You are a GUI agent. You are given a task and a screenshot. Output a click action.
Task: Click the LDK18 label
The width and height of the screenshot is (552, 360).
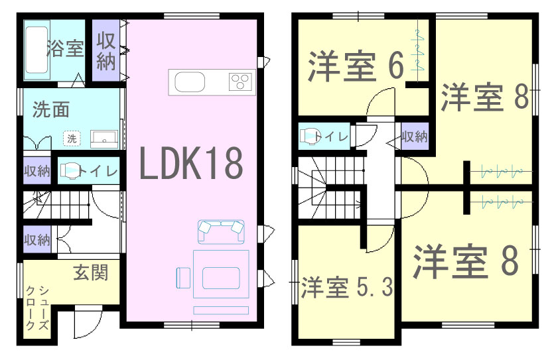(x=191, y=163)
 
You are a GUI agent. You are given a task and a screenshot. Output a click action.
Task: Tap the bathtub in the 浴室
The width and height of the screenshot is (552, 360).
(x=36, y=50)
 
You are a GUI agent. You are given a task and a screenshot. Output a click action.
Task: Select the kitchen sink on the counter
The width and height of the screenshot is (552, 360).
(x=190, y=82)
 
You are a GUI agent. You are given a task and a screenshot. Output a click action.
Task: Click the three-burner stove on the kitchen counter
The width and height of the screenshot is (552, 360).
(x=241, y=82)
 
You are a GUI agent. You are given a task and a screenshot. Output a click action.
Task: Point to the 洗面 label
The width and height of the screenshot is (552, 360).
(x=51, y=109)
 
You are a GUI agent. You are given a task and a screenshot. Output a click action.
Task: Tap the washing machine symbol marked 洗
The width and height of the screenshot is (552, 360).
(x=72, y=139)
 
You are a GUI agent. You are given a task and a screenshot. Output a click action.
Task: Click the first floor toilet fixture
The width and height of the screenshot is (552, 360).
(x=70, y=170)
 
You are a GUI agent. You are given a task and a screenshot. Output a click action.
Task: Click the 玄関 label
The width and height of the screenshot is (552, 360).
(x=90, y=272)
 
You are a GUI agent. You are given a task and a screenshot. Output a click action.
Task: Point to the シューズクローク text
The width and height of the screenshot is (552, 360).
(x=37, y=308)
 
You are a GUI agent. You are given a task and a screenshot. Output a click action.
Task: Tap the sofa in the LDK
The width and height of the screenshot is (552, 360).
(x=221, y=231)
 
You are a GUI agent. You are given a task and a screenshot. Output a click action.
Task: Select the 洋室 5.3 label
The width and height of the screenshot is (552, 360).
(x=347, y=288)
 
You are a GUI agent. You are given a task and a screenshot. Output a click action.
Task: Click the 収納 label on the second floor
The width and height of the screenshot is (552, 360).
(x=415, y=137)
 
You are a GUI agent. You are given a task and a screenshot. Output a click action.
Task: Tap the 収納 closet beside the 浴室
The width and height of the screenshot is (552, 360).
(x=106, y=50)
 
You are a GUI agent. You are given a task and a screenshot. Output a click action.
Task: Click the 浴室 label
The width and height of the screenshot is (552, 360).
(x=65, y=48)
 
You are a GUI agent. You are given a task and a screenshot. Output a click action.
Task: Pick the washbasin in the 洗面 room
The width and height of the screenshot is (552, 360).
(x=104, y=139)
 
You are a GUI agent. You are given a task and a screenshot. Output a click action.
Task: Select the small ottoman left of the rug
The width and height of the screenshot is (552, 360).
(x=183, y=278)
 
